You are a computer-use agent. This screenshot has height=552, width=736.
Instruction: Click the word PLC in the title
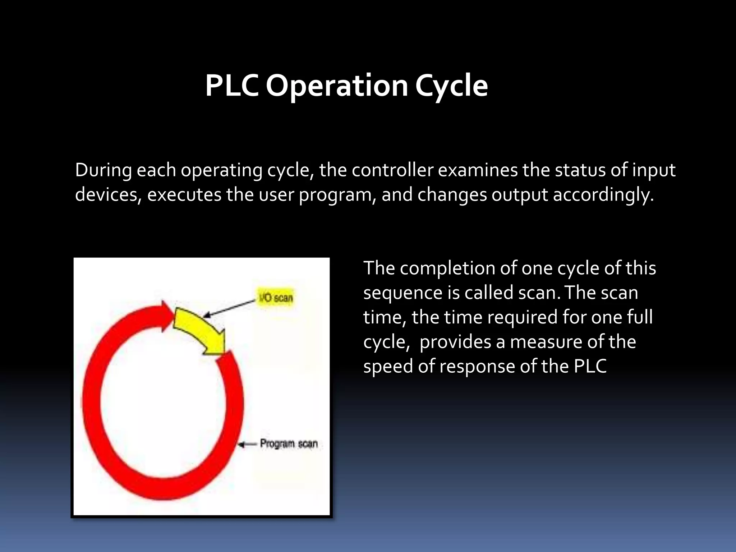[x=232, y=86]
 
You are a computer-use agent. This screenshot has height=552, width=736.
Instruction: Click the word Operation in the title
[x=337, y=86]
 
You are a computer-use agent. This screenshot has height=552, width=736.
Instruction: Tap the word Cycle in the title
[x=451, y=86]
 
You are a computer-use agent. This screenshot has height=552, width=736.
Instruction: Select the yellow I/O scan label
[x=276, y=298]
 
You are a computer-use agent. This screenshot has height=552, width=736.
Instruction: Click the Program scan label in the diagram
[x=289, y=444]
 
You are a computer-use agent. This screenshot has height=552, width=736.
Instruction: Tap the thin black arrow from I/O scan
[x=230, y=308]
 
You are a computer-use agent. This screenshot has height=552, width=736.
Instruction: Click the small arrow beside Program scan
[x=247, y=445]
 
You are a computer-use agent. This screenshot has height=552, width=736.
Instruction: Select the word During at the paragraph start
[x=103, y=170]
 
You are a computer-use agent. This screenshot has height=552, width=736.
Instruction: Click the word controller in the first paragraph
[x=393, y=170]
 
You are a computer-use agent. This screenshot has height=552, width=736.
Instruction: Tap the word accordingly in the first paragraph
[x=603, y=195]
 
